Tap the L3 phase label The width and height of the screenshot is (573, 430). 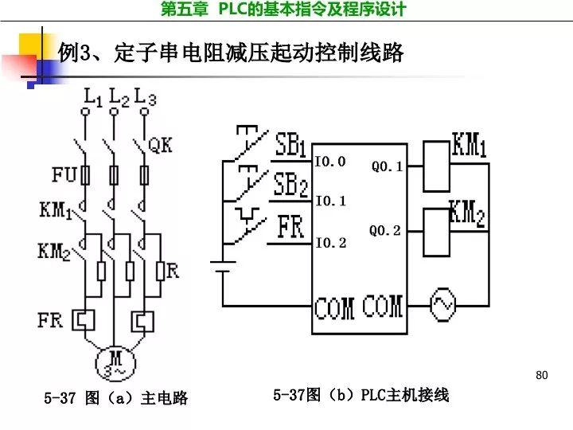click(146, 98)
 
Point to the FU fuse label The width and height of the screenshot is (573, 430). click(64, 174)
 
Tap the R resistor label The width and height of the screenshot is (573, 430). click(173, 271)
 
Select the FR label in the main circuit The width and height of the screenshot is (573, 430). click(49, 320)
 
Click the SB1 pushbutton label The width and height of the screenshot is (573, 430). click(290, 146)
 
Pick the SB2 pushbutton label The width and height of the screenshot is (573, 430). click(290, 187)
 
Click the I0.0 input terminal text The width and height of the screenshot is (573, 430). click(330, 162)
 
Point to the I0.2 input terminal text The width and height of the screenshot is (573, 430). click(330, 243)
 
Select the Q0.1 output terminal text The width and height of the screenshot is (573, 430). click(387, 167)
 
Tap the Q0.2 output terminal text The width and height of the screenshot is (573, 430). click(385, 231)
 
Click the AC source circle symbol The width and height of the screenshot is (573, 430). click(441, 304)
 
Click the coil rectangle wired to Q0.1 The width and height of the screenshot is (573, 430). click(435, 166)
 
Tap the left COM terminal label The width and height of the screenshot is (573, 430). click(333, 307)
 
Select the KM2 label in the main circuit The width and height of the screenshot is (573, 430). click(53, 252)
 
